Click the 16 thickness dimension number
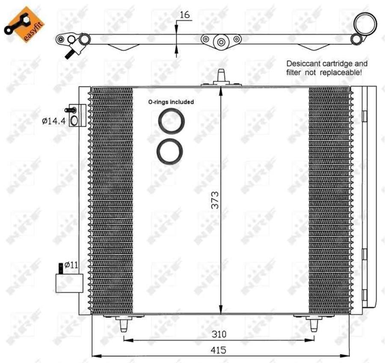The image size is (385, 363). [185, 15]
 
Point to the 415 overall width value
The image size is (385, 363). [219, 350]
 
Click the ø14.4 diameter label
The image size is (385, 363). [53, 121]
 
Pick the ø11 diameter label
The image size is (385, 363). [71, 265]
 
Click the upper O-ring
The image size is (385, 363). [171, 121]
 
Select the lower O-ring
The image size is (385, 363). [170, 151]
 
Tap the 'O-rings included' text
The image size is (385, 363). [171, 102]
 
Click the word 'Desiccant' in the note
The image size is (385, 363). [303, 63]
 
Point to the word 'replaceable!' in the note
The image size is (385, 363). [341, 73]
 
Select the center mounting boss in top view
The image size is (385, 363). [221, 42]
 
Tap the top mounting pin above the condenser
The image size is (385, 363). [221, 77]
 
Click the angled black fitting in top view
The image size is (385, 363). [69, 53]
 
